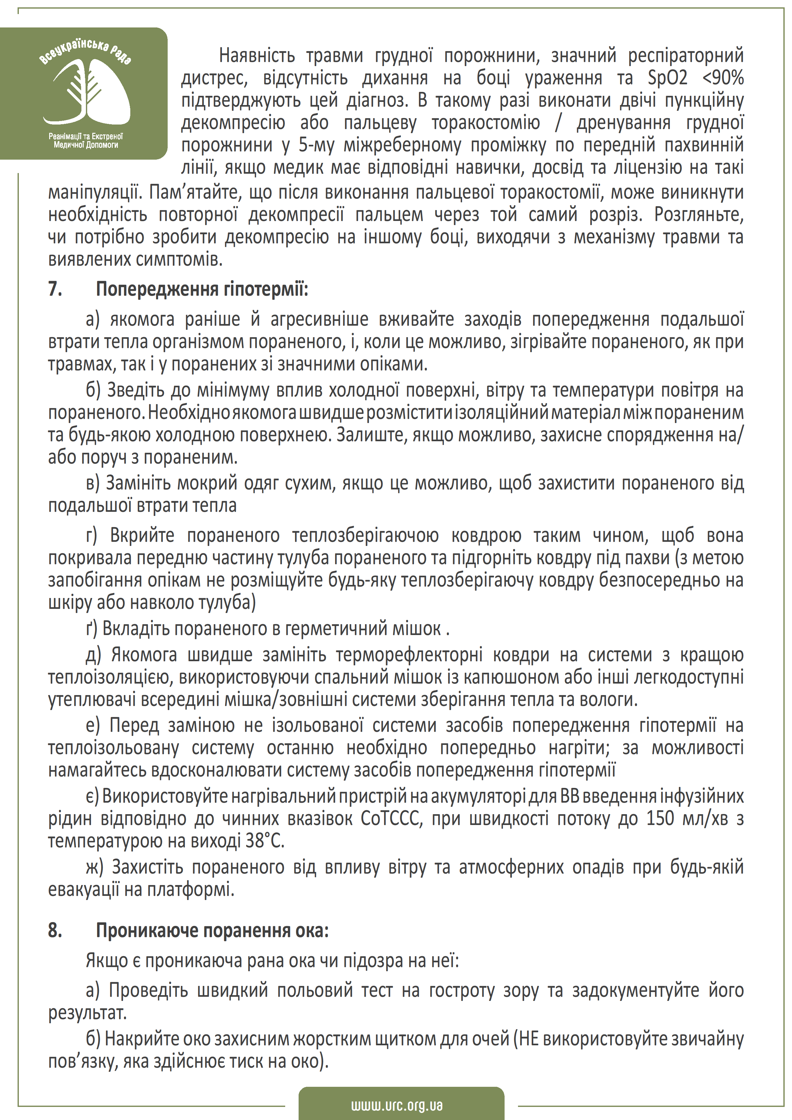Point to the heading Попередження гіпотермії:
tap(202, 289)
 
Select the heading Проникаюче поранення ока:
tap(212, 931)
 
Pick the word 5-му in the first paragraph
tap(314, 145)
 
